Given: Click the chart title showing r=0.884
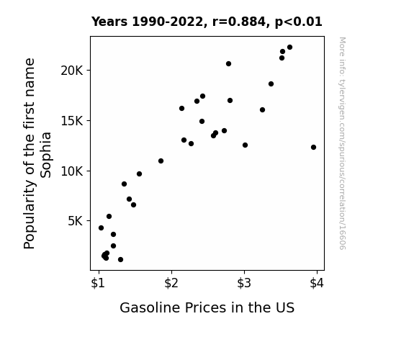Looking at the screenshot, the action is (x=207, y=22).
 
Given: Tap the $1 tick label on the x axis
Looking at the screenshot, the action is (x=98, y=283).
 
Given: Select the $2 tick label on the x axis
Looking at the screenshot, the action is (x=171, y=283).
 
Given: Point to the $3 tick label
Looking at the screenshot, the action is (x=244, y=283).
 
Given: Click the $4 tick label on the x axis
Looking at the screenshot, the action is (x=317, y=283).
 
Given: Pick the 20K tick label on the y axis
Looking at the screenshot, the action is (x=72, y=71).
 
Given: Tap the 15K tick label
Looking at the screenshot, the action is (x=72, y=121).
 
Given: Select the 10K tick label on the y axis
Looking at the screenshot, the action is (x=72, y=171).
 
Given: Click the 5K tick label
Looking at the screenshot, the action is (x=76, y=221).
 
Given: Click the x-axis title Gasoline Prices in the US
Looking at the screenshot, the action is (x=207, y=307).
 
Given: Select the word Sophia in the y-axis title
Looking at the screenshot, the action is (x=45, y=155).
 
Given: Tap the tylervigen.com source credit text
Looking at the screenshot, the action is (x=342, y=143).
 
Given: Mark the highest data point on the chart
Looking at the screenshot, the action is (x=289, y=48).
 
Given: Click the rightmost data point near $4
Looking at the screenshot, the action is (x=313, y=147).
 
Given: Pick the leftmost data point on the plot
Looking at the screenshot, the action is (x=101, y=228).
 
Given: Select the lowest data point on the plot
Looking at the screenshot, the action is (x=120, y=259).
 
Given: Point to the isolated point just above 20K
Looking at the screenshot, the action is (x=228, y=63).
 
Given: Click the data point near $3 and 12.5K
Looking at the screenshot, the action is (x=245, y=145).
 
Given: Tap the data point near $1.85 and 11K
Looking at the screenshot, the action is (x=161, y=161).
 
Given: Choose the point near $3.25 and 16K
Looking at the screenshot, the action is (x=262, y=109).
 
